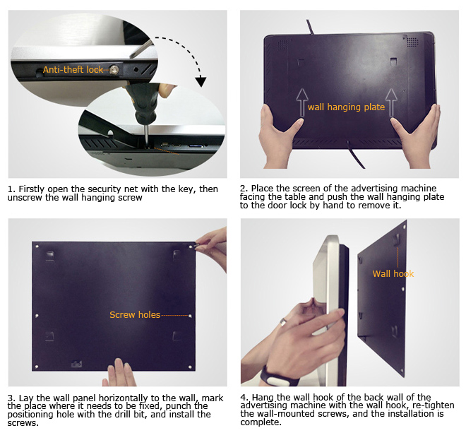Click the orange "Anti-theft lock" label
pyautogui.click(x=73, y=69)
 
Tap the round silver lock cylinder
pyautogui.click(x=111, y=69)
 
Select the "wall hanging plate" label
pyautogui.click(x=346, y=107)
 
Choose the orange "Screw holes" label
pyautogui.click(x=134, y=314)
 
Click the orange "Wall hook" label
pyautogui.click(x=393, y=273)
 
